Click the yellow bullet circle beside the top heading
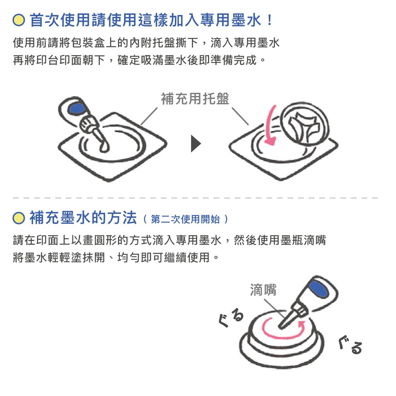tap(19, 20)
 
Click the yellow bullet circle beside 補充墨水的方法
tap(19, 218)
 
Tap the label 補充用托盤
tap(195, 99)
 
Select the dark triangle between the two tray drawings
tap(196, 144)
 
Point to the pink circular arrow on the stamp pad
tap(283, 336)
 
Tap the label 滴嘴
tap(263, 289)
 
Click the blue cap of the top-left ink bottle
tap(77, 108)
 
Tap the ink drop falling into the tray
tap(104, 147)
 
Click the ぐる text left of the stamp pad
tap(231, 318)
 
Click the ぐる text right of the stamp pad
tap(350, 345)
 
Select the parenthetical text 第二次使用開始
tap(185, 219)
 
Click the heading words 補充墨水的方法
tap(84, 218)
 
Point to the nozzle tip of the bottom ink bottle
tap(280, 327)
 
